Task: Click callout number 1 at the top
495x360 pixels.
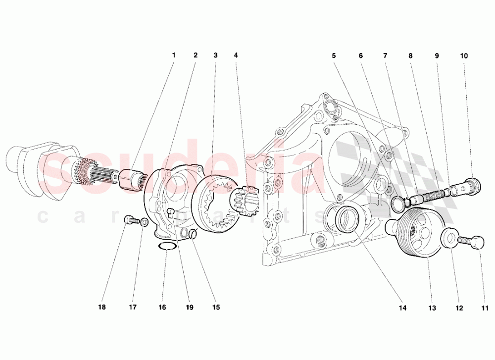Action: coord(174,55)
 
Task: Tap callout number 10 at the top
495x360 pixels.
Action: coord(464,55)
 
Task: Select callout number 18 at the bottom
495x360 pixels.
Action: coord(101,308)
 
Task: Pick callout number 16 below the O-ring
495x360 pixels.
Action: coord(162,308)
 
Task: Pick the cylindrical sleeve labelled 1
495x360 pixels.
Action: coord(131,178)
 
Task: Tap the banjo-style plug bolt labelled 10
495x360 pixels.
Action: coord(469,186)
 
